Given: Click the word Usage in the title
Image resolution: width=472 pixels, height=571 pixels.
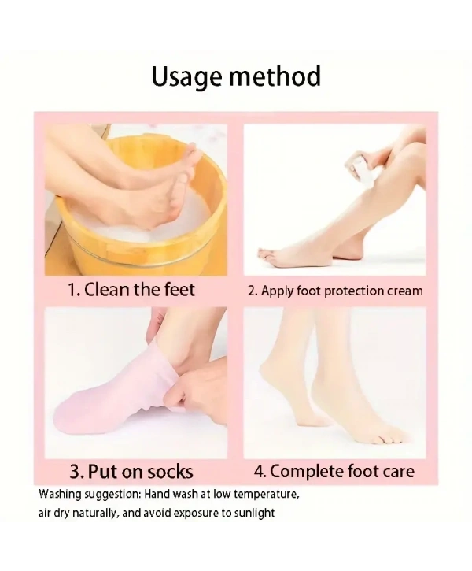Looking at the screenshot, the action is (x=187, y=77).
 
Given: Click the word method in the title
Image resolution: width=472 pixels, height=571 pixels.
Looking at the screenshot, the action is (x=275, y=76).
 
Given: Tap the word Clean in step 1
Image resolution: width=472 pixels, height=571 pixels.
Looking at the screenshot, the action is (x=107, y=290).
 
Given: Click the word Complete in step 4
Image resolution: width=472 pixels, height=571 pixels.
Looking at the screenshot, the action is (x=308, y=472).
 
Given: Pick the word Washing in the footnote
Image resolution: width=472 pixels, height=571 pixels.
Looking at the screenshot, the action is (x=60, y=495).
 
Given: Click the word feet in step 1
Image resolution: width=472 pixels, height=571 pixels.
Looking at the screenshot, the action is (x=179, y=290).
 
